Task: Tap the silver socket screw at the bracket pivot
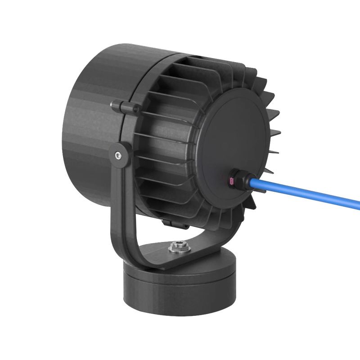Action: coord(118,155)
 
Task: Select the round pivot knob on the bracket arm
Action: coord(120,154)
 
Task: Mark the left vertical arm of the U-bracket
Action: coord(115,198)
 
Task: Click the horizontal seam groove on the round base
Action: coord(180,278)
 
